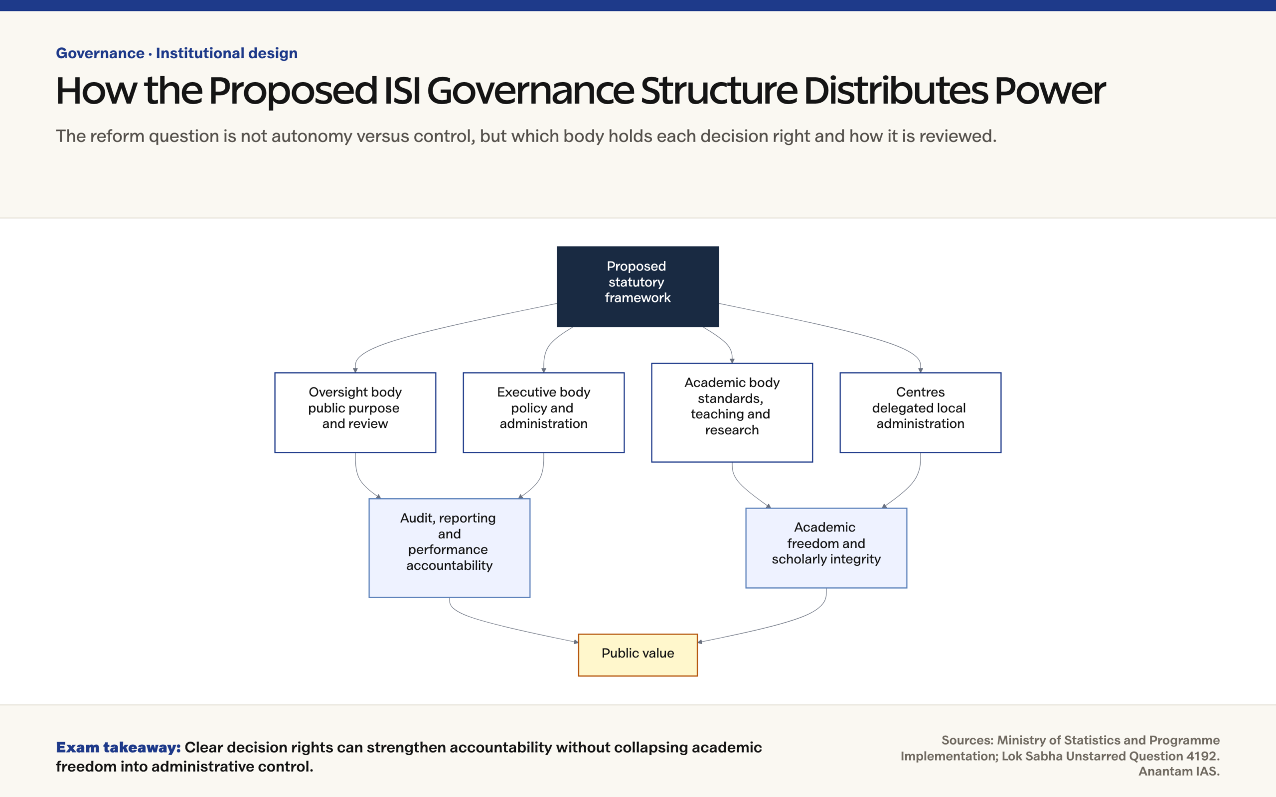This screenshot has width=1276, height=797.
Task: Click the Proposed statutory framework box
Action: pyautogui.click(x=638, y=286)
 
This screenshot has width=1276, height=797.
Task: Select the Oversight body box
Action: pyautogui.click(x=355, y=412)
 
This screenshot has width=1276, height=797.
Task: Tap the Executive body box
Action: pyautogui.click(x=543, y=412)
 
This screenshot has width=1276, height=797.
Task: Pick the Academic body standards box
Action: pyautogui.click(x=732, y=412)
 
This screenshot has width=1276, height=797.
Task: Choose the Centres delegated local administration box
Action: pyautogui.click(x=920, y=412)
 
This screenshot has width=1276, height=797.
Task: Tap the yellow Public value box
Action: pyautogui.click(x=638, y=655)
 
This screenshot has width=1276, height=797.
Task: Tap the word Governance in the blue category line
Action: pyautogui.click(x=100, y=53)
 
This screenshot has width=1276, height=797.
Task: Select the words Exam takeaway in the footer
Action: pyautogui.click(x=118, y=748)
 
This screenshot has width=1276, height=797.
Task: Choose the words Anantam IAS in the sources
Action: pyautogui.click(x=1179, y=771)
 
